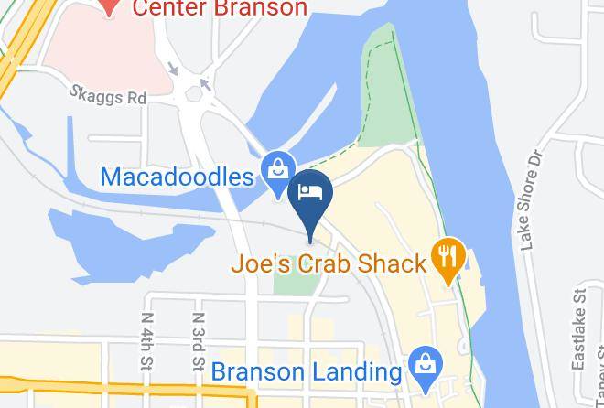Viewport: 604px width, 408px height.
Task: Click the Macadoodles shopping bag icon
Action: (275, 169)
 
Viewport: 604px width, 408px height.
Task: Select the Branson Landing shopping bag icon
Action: (425, 363)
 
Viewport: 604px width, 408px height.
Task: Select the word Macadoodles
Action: (176, 176)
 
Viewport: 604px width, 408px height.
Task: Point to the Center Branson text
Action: (221, 9)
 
